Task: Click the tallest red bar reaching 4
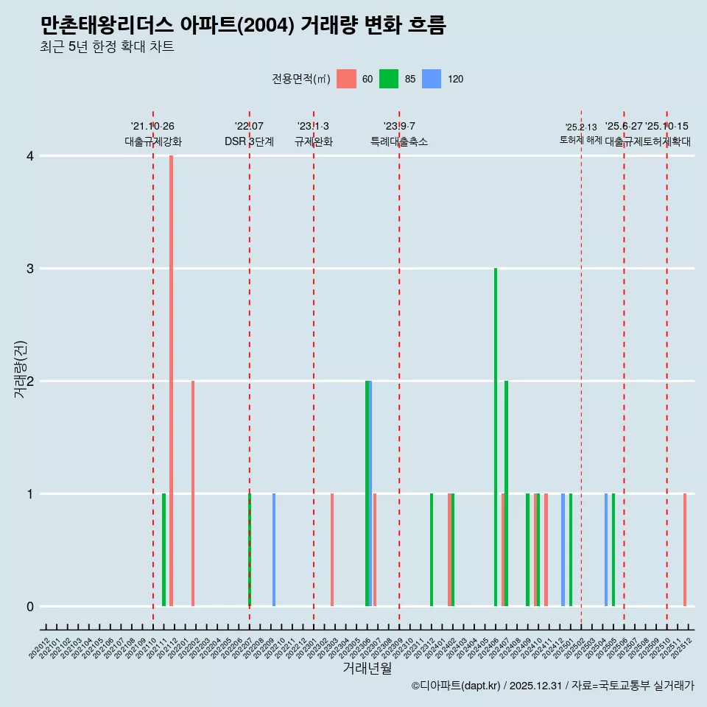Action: tap(171, 380)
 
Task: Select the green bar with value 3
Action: tap(496, 437)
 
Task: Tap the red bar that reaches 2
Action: tap(193, 493)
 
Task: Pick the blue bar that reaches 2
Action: tap(370, 493)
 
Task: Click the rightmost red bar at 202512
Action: tap(685, 549)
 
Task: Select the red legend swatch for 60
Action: tap(346, 79)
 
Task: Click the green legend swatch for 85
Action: tap(389, 79)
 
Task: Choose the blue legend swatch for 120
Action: tap(432, 79)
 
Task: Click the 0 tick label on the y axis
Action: tap(29, 606)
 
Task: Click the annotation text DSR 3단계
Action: tap(249, 141)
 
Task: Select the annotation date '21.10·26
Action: tap(152, 127)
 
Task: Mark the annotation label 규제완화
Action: tap(314, 141)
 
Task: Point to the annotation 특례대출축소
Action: tap(399, 141)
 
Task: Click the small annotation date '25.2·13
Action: tap(581, 127)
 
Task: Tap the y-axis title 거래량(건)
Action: tap(20, 369)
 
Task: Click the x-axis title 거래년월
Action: tap(367, 668)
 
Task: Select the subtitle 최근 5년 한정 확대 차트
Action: tap(107, 47)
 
